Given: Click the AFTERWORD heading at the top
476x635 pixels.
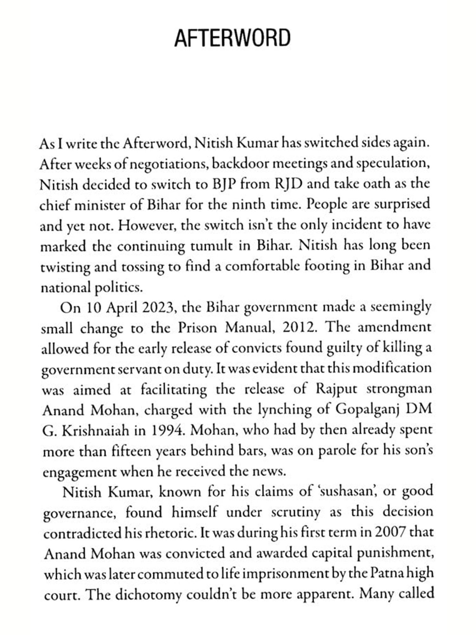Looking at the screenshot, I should pyautogui.click(x=232, y=38).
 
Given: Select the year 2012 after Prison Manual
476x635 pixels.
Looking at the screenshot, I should pyautogui.click(x=300, y=328).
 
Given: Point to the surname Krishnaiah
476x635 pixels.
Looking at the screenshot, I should pyautogui.click(x=96, y=431).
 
